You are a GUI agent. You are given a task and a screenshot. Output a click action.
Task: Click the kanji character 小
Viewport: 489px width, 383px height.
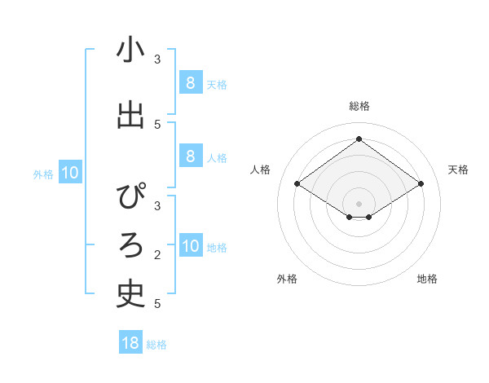(130, 51)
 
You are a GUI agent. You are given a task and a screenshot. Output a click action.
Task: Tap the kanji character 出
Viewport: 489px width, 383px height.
(130, 117)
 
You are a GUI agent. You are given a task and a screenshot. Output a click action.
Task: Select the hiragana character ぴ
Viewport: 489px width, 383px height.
(130, 198)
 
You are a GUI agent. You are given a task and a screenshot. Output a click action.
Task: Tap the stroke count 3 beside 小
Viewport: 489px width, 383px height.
(157, 59)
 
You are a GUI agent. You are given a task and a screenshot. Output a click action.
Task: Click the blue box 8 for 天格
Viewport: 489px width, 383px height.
(190, 82)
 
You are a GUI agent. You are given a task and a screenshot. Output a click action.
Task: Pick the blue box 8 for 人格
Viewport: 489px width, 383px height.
(190, 156)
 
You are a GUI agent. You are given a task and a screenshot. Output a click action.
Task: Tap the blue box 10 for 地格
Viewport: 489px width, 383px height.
(190, 245)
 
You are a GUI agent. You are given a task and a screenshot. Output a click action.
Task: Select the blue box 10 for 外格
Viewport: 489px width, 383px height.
(70, 172)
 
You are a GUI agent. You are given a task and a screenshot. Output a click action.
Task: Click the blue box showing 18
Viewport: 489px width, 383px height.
(130, 343)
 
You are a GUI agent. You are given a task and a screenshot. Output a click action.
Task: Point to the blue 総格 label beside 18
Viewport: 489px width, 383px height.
(156, 345)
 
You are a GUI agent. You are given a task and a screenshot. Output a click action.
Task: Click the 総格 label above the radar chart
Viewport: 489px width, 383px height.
(359, 106)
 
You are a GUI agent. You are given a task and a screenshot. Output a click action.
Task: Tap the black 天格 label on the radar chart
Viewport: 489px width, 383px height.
(458, 169)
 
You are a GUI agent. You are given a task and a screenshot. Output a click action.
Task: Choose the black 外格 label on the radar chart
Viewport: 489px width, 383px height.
(287, 279)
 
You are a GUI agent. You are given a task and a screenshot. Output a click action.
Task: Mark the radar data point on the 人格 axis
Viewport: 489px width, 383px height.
(297, 184)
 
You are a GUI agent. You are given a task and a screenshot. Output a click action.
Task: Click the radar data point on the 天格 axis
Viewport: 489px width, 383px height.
(421, 184)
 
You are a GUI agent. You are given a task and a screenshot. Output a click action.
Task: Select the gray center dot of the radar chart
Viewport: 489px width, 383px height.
(359, 203)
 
